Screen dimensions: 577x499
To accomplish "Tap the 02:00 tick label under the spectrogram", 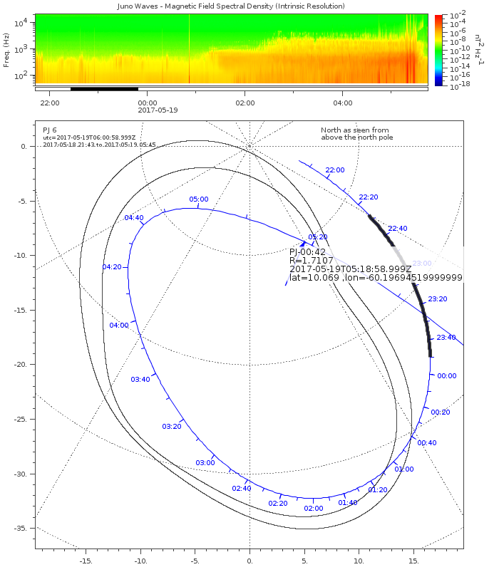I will (x=245, y=103).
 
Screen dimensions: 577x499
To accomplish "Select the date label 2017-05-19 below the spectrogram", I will (x=158, y=110).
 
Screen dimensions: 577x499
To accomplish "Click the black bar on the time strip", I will (x=104, y=88).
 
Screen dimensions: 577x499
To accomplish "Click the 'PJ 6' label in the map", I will (x=50, y=130).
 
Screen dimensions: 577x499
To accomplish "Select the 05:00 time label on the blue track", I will (x=199, y=199).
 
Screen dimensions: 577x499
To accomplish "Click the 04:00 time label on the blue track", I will (x=119, y=325).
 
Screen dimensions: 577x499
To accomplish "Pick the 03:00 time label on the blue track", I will (x=205, y=462).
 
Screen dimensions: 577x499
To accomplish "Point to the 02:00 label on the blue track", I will (x=314, y=508).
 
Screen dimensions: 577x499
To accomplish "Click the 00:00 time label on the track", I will (x=447, y=375).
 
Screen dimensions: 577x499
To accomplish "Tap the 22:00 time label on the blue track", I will (x=335, y=170).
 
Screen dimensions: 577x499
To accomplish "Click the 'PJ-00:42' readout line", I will (x=309, y=251).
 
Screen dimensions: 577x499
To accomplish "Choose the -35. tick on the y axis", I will (x=20, y=528).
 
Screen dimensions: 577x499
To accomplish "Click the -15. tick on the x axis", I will (x=86, y=561).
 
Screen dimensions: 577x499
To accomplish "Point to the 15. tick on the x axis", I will (x=413, y=561).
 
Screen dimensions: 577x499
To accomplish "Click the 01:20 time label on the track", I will (x=378, y=489).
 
